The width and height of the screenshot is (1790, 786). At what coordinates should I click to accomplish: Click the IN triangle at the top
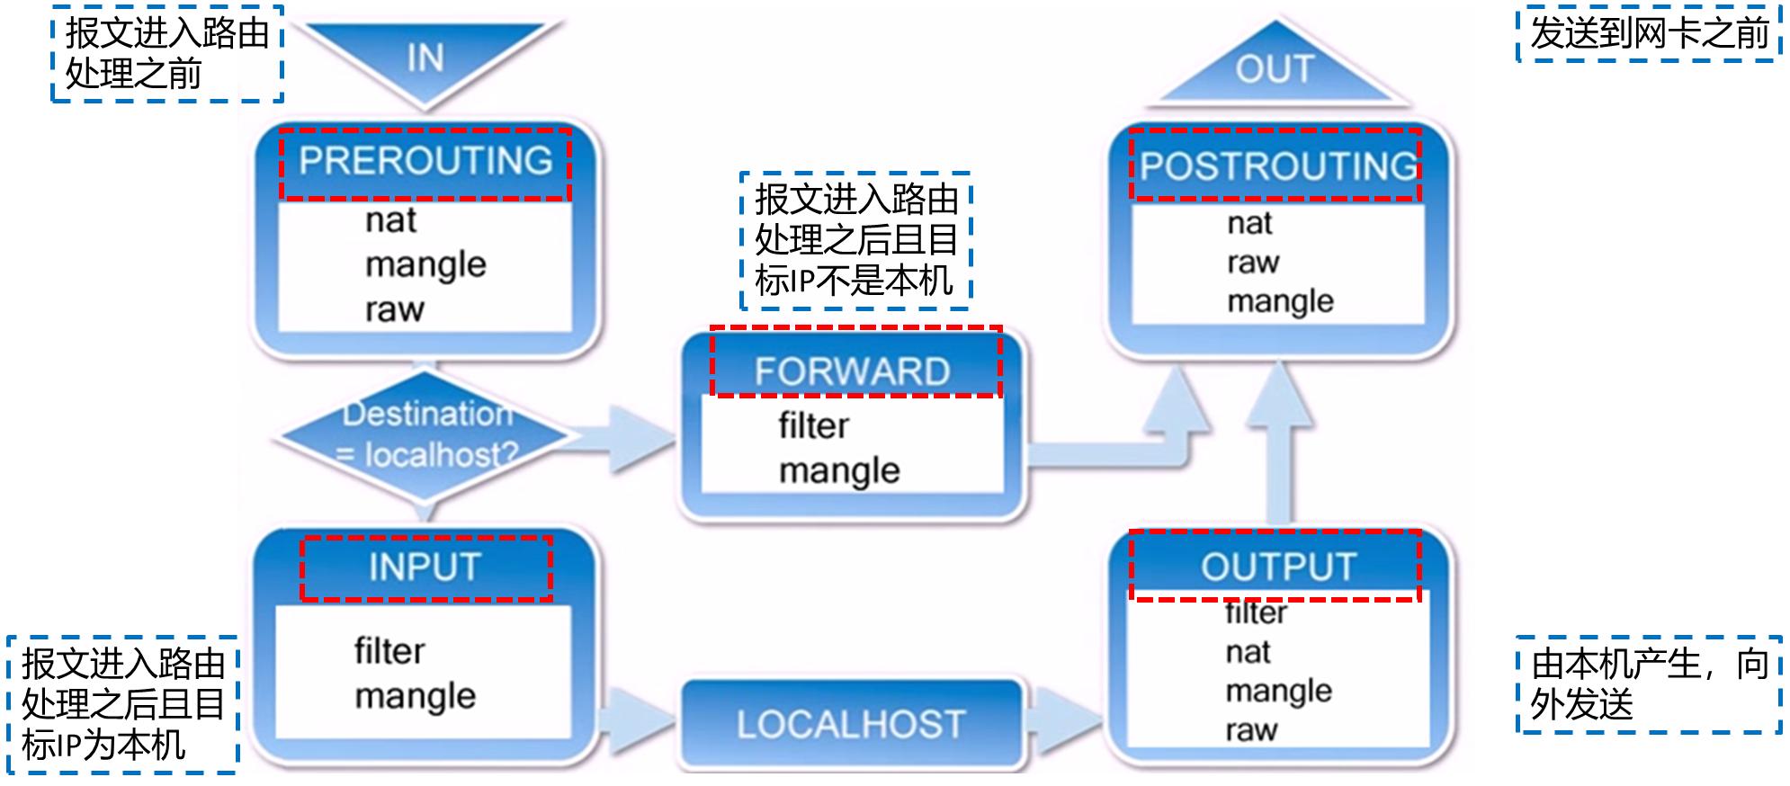coord(425,56)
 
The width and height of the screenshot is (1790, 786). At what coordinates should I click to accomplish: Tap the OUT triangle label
coord(1275,70)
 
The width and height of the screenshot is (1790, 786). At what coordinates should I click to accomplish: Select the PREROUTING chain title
coord(425,162)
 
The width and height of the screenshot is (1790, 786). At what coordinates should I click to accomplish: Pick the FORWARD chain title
coord(853,371)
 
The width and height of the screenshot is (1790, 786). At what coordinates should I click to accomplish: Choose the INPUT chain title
coord(425,567)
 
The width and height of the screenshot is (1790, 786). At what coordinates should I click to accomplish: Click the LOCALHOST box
coord(851,724)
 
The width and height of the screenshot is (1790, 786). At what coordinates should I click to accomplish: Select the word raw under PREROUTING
coord(394,309)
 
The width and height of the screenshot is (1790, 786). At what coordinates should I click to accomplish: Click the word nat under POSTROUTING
coord(1249,223)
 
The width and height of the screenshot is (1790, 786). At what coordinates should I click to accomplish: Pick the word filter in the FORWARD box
coord(813,425)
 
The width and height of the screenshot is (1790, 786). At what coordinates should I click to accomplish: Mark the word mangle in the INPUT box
coord(415,696)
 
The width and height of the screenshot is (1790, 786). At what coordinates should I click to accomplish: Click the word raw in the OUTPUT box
coord(1250,729)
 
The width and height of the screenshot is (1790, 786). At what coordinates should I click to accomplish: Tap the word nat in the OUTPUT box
coord(1248,652)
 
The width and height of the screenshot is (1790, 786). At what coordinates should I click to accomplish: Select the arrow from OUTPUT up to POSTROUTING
coord(1278,450)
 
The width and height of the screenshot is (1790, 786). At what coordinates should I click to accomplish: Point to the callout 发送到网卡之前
coord(1649,34)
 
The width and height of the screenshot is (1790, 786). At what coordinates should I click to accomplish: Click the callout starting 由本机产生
coord(1649,684)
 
